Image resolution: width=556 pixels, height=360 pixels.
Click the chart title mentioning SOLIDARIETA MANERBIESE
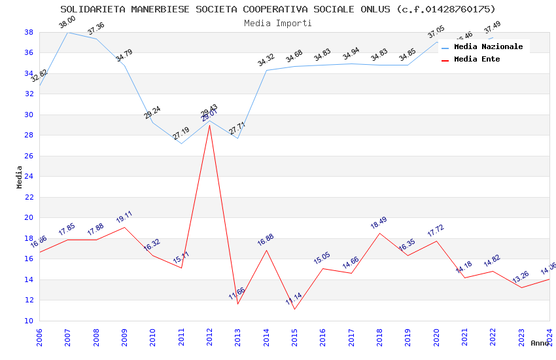(x=278, y=9)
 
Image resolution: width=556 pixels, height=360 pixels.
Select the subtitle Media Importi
(x=278, y=23)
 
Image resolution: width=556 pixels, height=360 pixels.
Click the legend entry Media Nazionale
(x=488, y=46)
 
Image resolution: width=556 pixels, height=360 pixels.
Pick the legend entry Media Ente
(x=477, y=59)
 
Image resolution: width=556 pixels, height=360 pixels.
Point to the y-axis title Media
(x=20, y=177)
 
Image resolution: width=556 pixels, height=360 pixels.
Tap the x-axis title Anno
(x=540, y=343)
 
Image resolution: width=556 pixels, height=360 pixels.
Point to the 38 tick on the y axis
(x=29, y=32)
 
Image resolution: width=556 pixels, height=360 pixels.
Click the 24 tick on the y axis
(x=29, y=177)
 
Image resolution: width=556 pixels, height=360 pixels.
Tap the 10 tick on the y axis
(x=29, y=321)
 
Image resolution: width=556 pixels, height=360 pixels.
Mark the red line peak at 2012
(x=209, y=124)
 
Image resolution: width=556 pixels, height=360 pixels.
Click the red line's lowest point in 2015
(x=294, y=309)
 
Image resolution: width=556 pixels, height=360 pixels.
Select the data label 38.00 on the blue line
(x=67, y=22)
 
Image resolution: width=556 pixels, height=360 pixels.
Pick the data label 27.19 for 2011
(x=181, y=134)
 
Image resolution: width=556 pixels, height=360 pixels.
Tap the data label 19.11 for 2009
(x=124, y=217)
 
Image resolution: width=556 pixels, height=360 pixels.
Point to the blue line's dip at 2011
(x=181, y=143)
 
